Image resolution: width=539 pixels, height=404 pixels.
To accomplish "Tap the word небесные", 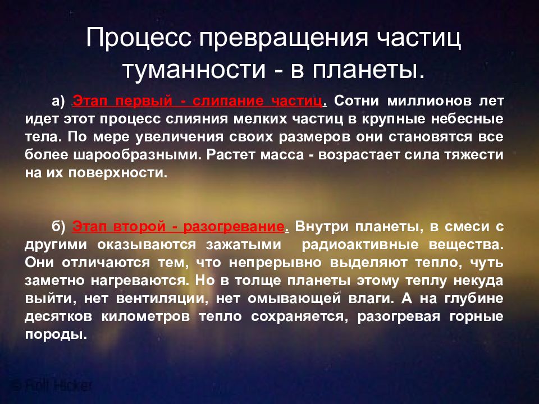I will (x=471, y=120).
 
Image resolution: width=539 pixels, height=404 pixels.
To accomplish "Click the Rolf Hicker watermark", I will (x=51, y=386).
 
